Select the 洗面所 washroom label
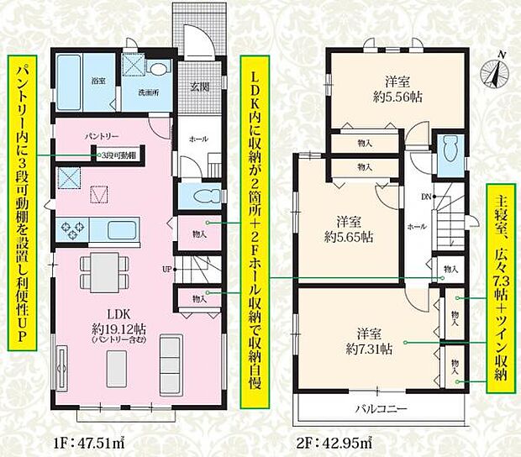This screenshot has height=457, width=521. tap(136, 92)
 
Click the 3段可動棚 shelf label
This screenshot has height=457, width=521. tap(118, 155)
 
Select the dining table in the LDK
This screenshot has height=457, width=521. tap(105, 272)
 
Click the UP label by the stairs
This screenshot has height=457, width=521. tap(167, 269)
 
